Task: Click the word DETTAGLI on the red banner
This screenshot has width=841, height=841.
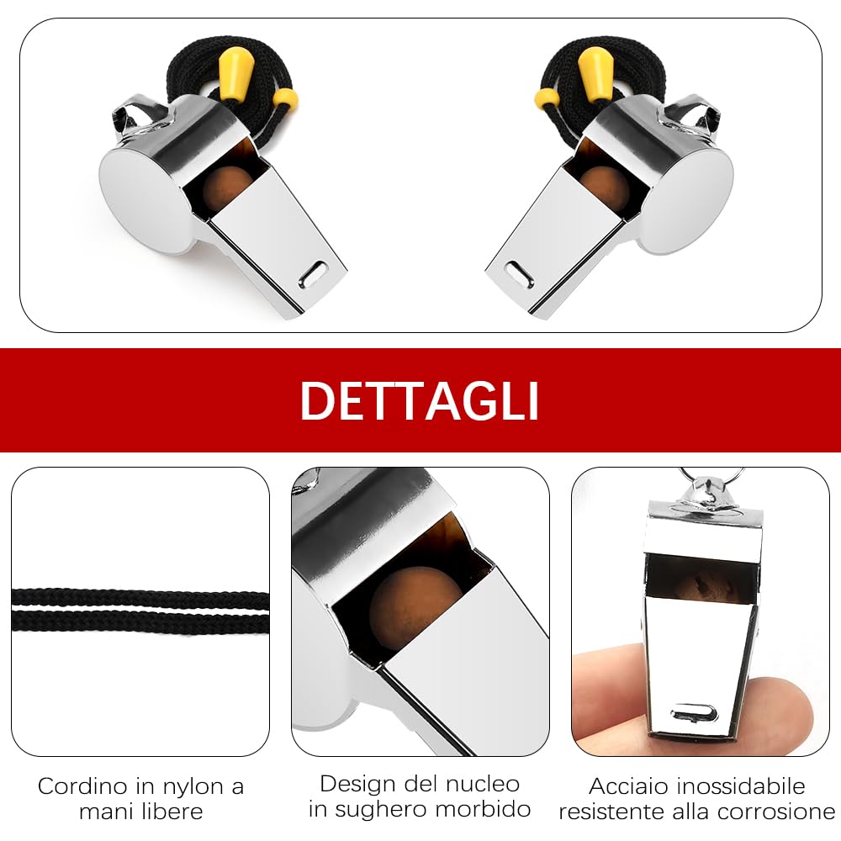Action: (420, 400)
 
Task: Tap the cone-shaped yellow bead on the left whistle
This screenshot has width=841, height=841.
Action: (236, 73)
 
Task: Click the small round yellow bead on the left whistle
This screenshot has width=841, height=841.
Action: (285, 98)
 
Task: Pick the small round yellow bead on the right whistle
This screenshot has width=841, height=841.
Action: (547, 98)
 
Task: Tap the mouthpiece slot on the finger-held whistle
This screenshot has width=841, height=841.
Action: (694, 713)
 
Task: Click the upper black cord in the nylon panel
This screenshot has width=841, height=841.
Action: (140, 597)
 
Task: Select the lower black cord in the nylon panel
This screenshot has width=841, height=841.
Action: (140, 621)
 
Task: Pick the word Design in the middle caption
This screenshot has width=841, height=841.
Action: (358, 785)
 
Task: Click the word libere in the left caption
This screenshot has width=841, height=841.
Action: (171, 812)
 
